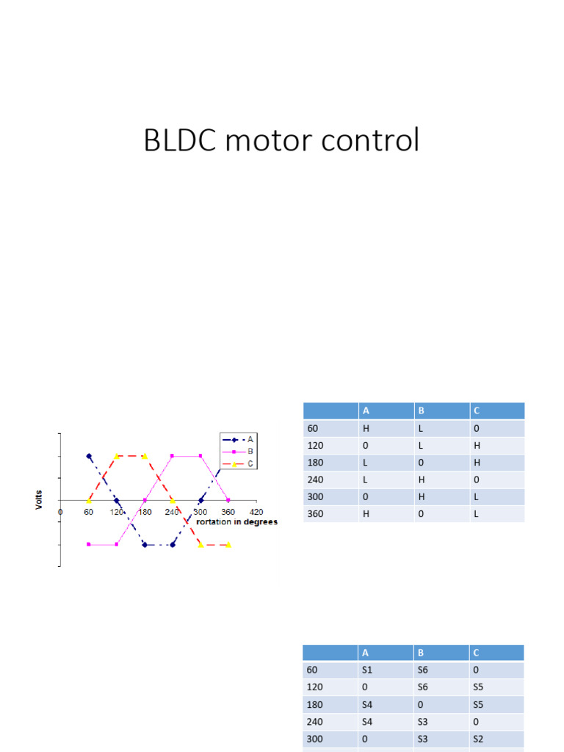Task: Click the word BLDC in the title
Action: tap(179, 140)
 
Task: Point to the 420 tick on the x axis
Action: tap(256, 512)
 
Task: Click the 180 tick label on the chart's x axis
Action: tap(145, 512)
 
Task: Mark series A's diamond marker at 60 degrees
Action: tap(89, 456)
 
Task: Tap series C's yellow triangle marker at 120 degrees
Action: tap(117, 456)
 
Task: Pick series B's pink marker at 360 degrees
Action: tap(228, 500)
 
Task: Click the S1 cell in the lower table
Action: tap(368, 670)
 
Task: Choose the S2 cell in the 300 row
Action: tap(479, 740)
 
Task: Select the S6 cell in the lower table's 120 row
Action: tap(423, 687)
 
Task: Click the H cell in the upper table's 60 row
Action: tap(366, 427)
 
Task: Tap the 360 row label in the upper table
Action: tap(315, 514)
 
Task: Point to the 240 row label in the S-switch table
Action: tap(314, 722)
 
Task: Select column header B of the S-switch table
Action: tap(421, 652)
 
